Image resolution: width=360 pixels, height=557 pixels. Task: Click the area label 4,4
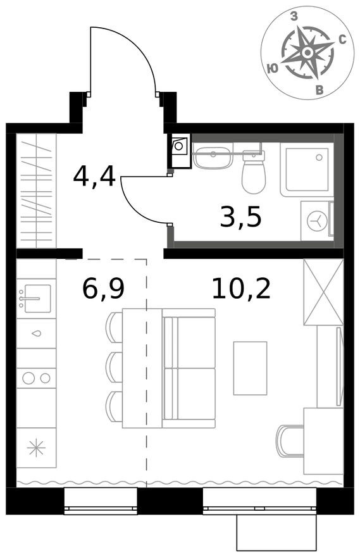tap(94, 176)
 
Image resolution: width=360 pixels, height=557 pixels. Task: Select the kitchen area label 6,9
tap(103, 289)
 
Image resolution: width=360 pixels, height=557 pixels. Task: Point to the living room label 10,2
tap(240, 289)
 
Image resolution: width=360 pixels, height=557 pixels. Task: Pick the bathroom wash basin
tap(213, 156)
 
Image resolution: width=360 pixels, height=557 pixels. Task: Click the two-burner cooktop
tap(36, 378)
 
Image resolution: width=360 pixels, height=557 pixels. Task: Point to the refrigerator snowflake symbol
tap(36, 448)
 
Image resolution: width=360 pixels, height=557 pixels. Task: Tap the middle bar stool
tap(114, 366)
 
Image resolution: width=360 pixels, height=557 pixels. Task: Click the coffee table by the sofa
tap(250, 368)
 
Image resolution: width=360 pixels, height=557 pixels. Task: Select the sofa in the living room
tap(189, 368)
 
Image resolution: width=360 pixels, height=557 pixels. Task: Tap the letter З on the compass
tap(294, 18)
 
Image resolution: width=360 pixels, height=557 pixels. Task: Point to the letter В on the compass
tap(320, 91)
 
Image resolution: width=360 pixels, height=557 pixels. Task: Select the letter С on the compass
tap(342, 39)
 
